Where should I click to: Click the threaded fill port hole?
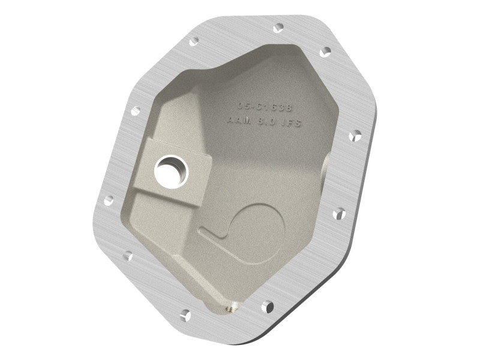tap(171, 170)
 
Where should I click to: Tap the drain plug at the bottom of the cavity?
tap(230, 308)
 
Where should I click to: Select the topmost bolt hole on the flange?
tap(278, 28)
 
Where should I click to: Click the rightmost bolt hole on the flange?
tap(355, 136)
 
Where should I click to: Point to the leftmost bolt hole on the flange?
tap(109, 200)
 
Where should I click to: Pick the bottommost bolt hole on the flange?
tap(185, 314)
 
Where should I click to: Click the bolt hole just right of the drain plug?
tap(267, 307)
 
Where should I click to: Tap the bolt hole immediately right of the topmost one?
tap(325, 52)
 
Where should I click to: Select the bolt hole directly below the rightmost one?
tap(339, 213)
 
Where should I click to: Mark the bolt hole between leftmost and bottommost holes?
tap(127, 256)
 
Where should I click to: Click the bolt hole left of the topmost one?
tap(193, 41)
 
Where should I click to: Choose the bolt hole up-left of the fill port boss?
tap(135, 111)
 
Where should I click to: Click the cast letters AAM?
tap(239, 121)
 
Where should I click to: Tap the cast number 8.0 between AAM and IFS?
tap(264, 122)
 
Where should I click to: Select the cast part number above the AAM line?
tap(264, 107)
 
